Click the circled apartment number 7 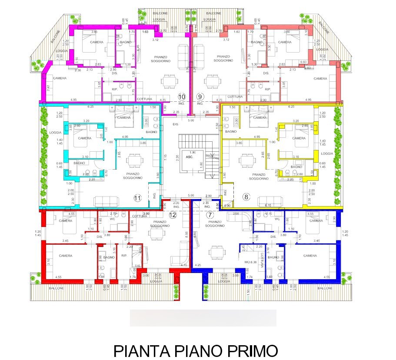pyautogui.click(x=210, y=214)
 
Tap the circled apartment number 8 pyautogui.click(x=246, y=197)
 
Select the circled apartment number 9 pyautogui.click(x=200, y=97)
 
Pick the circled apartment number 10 pyautogui.click(x=182, y=97)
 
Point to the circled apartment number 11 pyautogui.click(x=137, y=198)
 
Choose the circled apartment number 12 pyautogui.click(x=173, y=214)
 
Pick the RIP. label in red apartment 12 pyautogui.click(x=123, y=256)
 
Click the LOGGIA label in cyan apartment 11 pyautogui.click(x=56, y=133)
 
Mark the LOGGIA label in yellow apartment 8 pyautogui.click(x=326, y=153)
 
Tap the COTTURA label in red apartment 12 pyautogui.click(x=140, y=217)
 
